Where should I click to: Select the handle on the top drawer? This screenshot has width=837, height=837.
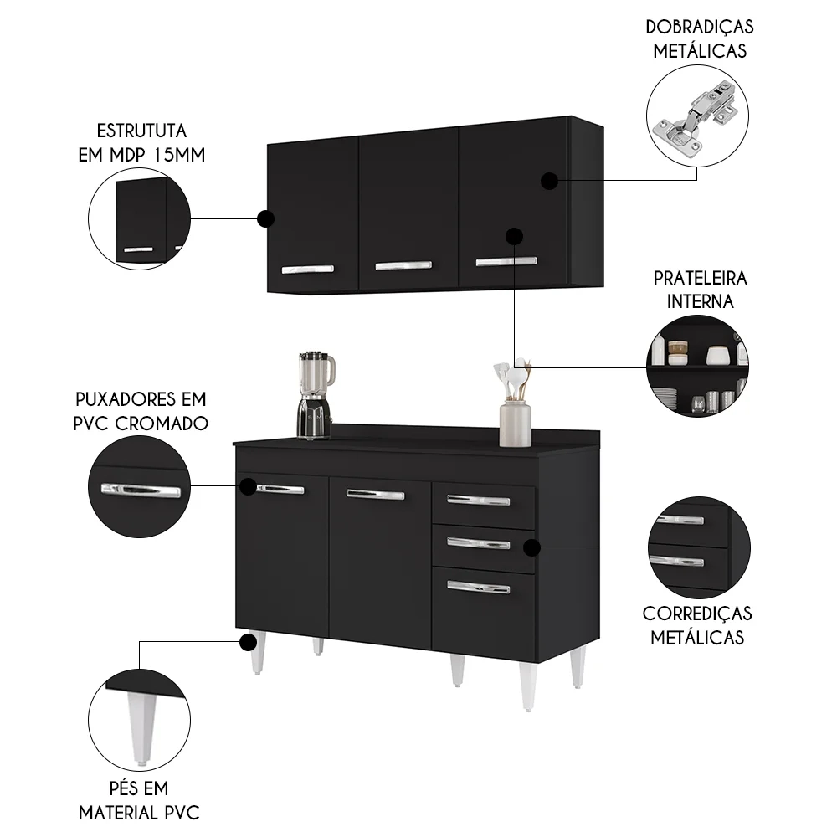pos(478,501)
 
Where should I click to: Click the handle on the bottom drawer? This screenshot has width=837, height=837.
pos(478,587)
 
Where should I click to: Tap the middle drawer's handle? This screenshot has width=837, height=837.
pos(478,543)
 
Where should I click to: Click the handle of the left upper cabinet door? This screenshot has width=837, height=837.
pos(307,269)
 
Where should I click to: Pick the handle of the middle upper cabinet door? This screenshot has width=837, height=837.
pos(404,266)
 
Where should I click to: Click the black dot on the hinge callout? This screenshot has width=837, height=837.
pos(549,180)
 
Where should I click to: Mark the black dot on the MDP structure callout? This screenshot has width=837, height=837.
pos(265,219)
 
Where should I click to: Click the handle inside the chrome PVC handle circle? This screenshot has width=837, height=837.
pos(140,490)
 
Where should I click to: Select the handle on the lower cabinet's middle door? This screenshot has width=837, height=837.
pos(375,495)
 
